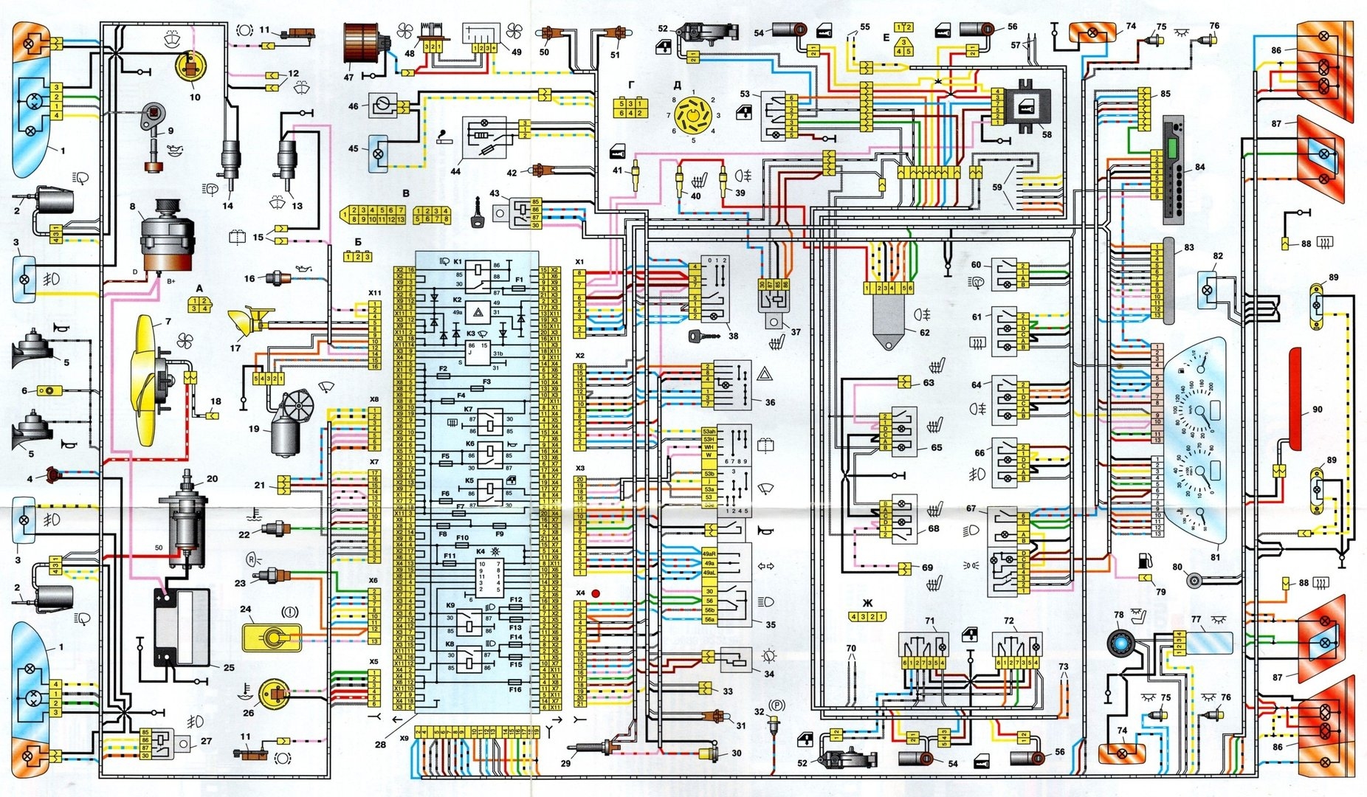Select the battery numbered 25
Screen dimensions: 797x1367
coord(181,627)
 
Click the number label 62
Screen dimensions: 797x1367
coord(924,332)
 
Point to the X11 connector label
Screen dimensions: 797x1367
coord(375,293)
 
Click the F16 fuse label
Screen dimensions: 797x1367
coord(514,690)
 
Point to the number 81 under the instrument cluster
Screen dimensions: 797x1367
coord(1214,557)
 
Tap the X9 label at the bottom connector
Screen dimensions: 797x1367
coord(403,738)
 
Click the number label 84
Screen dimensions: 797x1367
coord(1199,168)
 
